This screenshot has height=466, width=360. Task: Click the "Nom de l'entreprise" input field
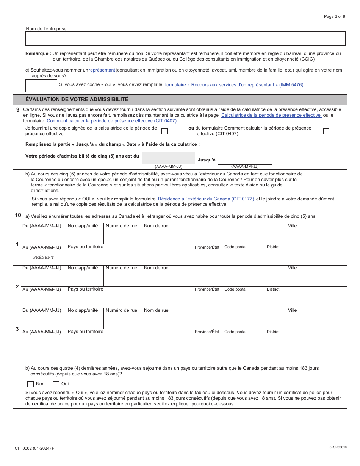tap(185, 39)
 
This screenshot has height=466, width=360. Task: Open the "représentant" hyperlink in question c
tap(102, 70)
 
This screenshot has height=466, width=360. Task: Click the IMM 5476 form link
tap(234, 85)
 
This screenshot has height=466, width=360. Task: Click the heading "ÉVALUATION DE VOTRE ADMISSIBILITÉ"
tap(77, 99)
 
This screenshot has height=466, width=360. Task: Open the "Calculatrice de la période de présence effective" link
tap(271, 115)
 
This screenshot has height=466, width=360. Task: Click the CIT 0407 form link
tap(112, 121)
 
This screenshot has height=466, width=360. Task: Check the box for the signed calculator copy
tap(165, 131)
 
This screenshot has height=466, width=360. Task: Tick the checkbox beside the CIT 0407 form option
tap(326, 131)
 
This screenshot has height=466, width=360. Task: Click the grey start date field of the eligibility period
tap(169, 158)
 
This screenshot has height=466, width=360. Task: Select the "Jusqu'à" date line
tap(245, 160)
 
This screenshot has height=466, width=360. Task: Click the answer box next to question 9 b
tap(322, 176)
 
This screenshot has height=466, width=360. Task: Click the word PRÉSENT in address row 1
tap(43, 258)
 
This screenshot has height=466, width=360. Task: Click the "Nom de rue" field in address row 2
tap(214, 278)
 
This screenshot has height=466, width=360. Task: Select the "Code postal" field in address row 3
tap(243, 342)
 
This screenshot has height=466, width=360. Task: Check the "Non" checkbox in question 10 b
tap(31, 384)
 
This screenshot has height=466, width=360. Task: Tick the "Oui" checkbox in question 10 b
tap(56, 384)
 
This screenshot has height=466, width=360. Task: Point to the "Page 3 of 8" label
tap(334, 16)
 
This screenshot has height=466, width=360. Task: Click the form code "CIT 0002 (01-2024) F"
tap(34, 448)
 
